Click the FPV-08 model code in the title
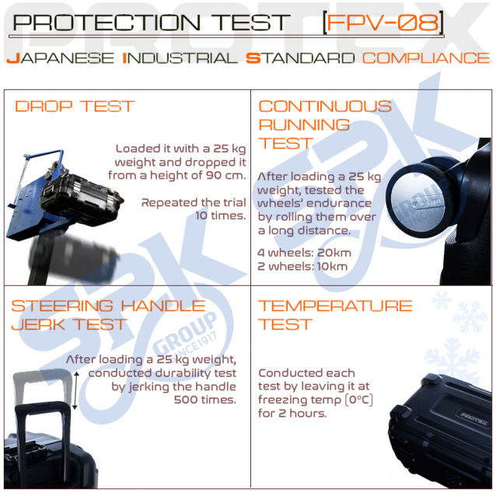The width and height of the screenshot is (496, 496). (x=383, y=23)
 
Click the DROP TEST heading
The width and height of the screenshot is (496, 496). (x=75, y=107)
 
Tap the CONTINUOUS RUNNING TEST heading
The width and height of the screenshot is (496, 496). (x=325, y=124)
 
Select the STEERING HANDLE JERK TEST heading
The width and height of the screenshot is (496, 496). (x=108, y=315)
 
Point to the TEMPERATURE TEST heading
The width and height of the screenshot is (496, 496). (x=335, y=315)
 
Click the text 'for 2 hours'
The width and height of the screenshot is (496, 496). (x=292, y=413)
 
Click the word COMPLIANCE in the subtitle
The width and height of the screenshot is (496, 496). (x=426, y=58)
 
